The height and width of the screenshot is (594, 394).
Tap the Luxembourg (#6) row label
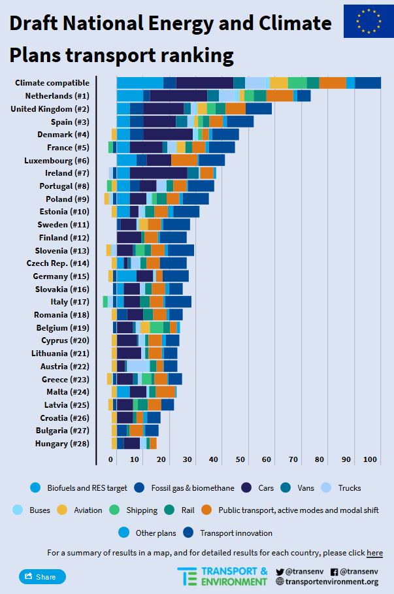(56, 160)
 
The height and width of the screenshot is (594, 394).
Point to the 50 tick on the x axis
(240, 460)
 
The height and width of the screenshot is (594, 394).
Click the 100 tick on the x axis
(372, 460)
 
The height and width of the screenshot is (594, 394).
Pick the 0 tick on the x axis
(110, 460)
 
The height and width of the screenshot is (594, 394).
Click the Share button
(42, 577)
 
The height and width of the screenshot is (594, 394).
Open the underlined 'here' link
(374, 553)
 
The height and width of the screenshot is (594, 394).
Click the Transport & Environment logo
(222, 576)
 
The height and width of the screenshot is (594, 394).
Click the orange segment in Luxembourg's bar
(184, 160)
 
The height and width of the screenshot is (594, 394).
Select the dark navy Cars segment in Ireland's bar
(158, 173)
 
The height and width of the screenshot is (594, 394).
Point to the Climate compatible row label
(52, 82)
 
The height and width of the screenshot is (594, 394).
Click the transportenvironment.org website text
(331, 582)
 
